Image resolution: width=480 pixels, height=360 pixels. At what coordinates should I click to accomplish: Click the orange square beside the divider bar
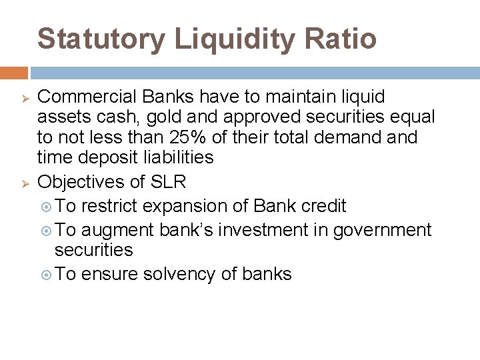tap(13, 73)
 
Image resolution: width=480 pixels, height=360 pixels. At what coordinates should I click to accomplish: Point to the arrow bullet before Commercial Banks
tap(20, 98)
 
